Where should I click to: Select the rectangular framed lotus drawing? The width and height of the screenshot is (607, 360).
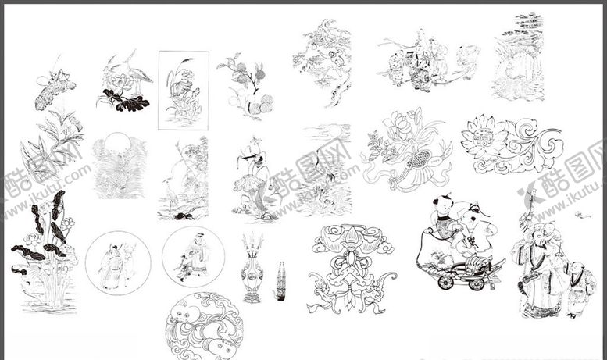pyautogui.click(x=184, y=90)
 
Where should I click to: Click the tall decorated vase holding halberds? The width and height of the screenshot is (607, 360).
pyautogui.click(x=252, y=269)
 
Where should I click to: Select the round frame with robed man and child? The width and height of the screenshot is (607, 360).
pyautogui.click(x=193, y=257)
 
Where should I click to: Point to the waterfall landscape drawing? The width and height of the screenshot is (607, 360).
pyautogui.click(x=518, y=59)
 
